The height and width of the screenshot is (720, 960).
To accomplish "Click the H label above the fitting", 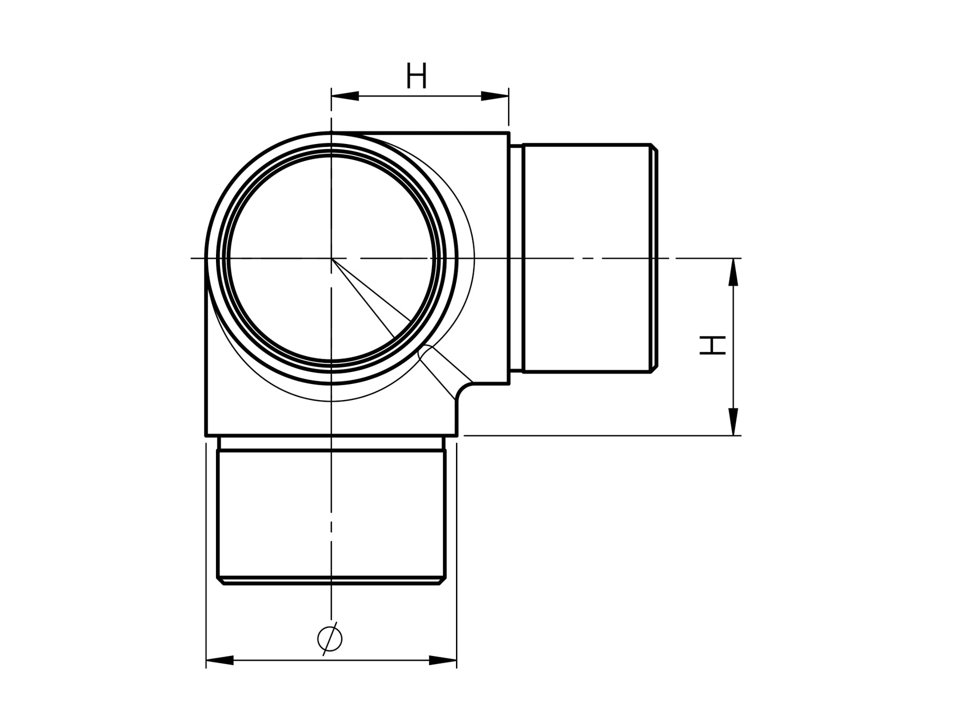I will [417, 77].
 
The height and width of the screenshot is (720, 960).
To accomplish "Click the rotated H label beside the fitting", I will [713, 346].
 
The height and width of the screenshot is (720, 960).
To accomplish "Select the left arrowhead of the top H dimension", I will [345, 96].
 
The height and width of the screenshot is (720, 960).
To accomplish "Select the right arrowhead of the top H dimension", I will [495, 96].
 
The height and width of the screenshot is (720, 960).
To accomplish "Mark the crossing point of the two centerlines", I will [331, 258].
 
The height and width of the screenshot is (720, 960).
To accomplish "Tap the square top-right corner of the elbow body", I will [509, 133].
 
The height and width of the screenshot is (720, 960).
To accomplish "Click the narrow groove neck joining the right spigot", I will [517, 258].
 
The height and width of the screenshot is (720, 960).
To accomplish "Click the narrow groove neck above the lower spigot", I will [331, 443].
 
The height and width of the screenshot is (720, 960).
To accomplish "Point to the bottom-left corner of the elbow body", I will [206, 435].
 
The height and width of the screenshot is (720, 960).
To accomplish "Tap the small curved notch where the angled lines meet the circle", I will [424, 350].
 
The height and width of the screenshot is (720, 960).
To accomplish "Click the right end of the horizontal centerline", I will [741, 258].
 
